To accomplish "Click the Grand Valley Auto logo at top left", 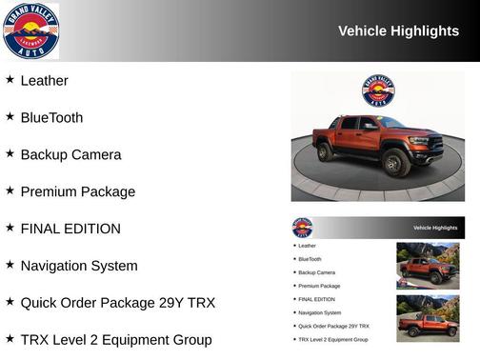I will (x=30, y=30).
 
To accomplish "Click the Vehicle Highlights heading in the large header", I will (x=398, y=31).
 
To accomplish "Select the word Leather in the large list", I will (x=44, y=81).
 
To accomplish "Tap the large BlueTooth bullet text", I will (x=51, y=118).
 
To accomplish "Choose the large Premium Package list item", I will (x=78, y=192).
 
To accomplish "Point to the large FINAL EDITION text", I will (x=70, y=230).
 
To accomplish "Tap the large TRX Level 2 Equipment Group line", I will (x=116, y=340).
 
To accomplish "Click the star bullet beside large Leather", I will (x=10, y=80).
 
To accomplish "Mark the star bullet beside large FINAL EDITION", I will (x=10, y=229).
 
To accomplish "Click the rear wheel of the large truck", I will (x=326, y=151).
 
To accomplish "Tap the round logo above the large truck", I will (x=378, y=90).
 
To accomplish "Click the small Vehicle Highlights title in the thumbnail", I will (x=435, y=228).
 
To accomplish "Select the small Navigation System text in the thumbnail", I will (x=319, y=312).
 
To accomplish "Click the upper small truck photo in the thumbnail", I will (x=428, y=265).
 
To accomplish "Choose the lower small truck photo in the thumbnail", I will (x=428, y=318).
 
